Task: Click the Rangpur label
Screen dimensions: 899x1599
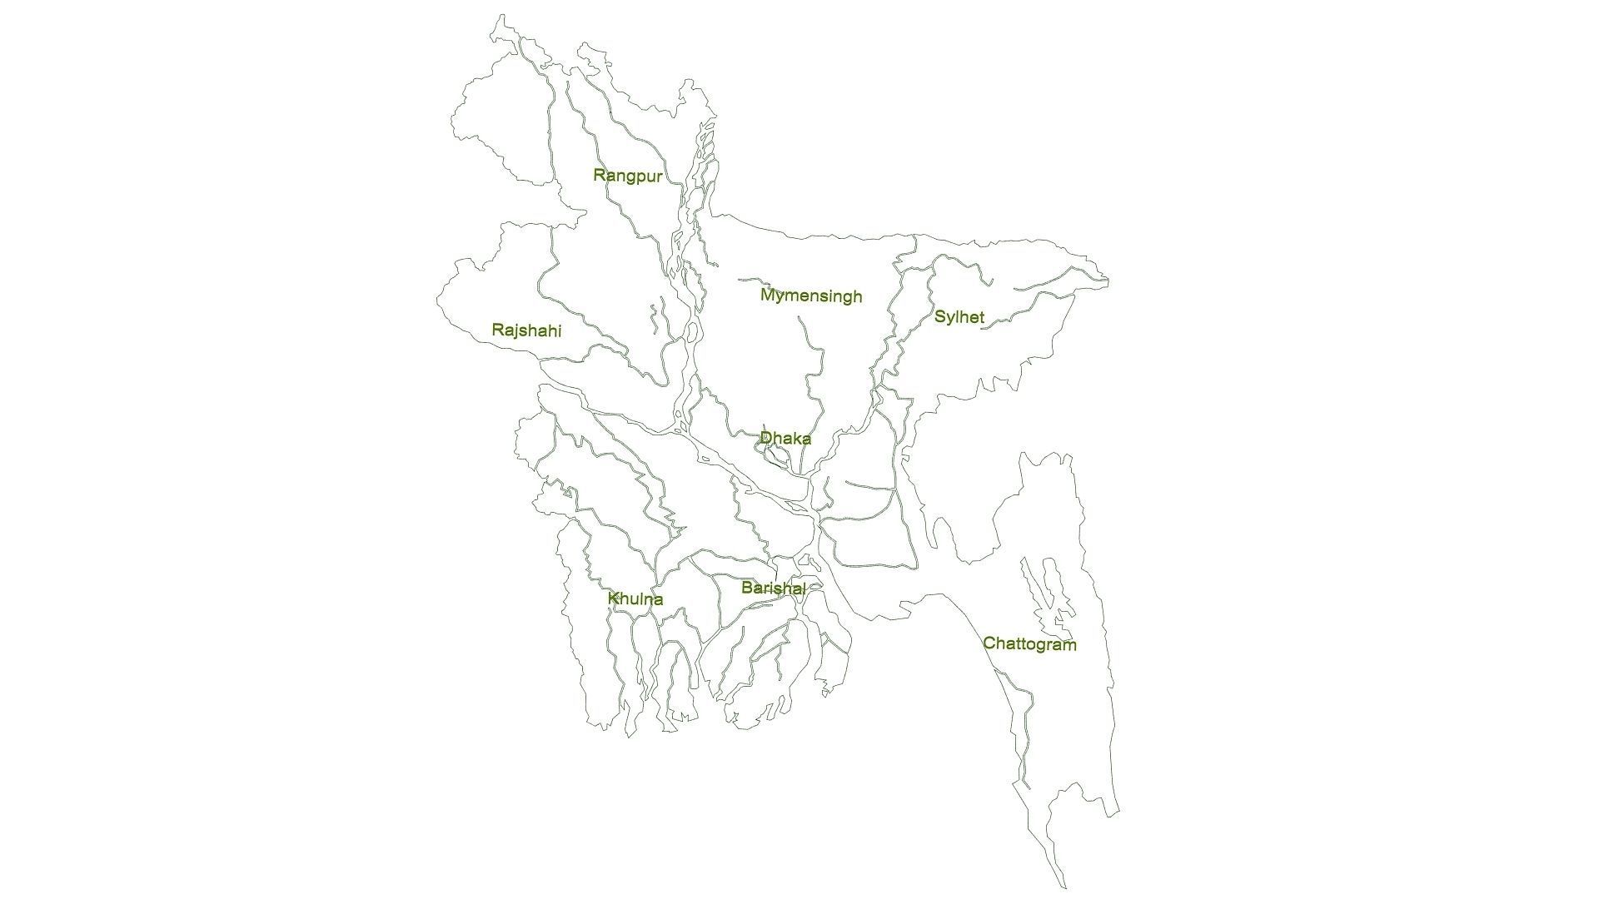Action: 627,176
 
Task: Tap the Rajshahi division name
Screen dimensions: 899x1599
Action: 526,331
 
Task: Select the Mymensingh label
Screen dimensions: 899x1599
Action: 810,296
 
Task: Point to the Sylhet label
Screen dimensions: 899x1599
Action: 959,317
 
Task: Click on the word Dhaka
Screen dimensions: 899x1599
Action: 785,438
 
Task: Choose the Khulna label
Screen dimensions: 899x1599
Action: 635,599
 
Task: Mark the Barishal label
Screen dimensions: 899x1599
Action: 773,589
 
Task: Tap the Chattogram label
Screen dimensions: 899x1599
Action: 1029,644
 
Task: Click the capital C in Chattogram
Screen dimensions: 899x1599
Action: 989,643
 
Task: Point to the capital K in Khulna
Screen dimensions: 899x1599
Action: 613,599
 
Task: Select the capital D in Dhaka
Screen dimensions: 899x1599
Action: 765,437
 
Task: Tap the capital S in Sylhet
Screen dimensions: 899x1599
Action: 939,316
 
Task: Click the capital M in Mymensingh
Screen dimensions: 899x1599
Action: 767,295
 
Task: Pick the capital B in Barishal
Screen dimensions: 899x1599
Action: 747,588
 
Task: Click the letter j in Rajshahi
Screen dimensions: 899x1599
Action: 516,331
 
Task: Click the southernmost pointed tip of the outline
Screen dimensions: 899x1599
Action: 1064,887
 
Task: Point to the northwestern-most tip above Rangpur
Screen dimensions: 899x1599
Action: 500,15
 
